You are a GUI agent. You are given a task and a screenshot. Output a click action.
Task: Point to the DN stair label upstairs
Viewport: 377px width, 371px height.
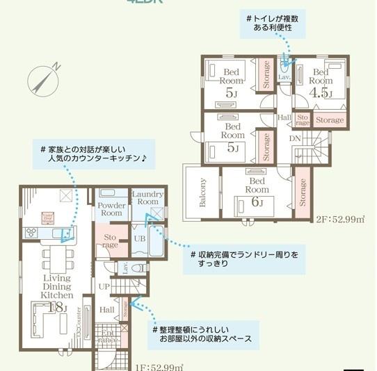click(295, 139)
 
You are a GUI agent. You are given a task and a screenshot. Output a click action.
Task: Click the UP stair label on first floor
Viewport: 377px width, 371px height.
click(104, 286)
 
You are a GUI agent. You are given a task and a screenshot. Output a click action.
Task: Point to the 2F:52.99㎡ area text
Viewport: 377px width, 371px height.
click(340, 220)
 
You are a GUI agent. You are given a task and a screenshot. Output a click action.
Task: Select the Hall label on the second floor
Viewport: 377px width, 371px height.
click(284, 118)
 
